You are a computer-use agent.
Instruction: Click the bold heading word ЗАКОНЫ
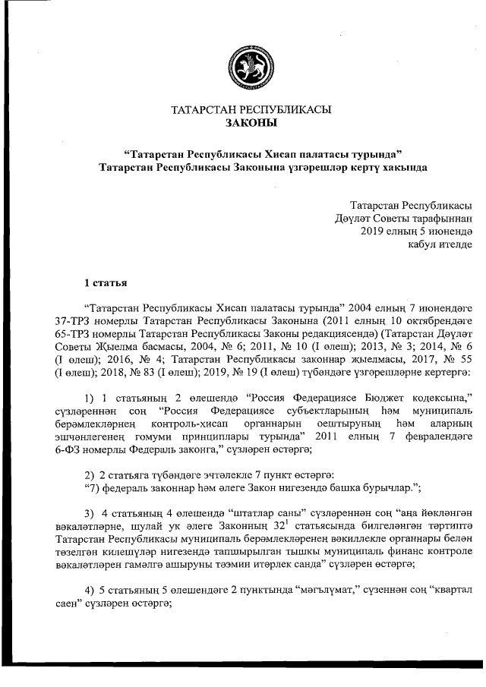pos(251,122)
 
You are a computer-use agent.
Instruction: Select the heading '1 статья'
pos(106,283)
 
